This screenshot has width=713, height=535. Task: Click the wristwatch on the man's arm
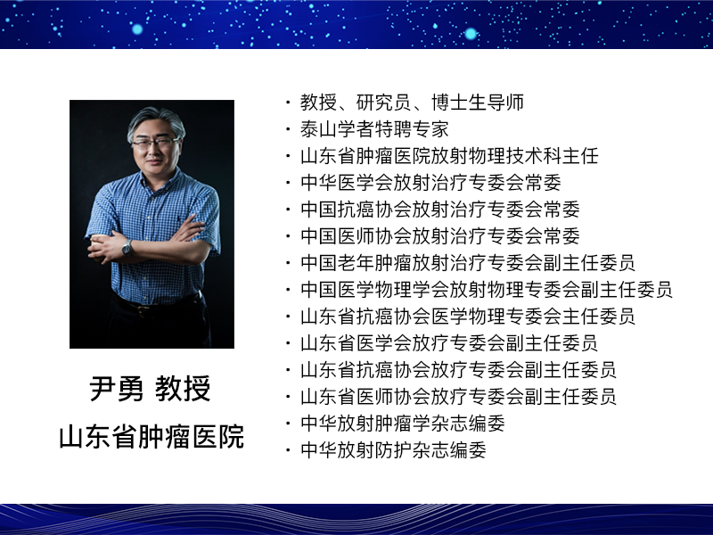pos(127,248)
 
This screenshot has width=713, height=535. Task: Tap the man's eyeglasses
pos(154,144)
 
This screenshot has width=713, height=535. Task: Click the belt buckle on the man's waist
pos(143,309)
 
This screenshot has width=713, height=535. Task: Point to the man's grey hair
pos(156,121)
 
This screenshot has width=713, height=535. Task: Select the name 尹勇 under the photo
pos(117,389)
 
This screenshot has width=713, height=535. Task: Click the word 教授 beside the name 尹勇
pos(183,389)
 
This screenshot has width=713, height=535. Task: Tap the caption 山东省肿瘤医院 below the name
pos(152,437)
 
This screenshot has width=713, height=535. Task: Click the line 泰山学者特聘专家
pos(374,129)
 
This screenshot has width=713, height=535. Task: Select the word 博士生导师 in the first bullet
pos(478,103)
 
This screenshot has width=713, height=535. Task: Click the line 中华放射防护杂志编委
pos(393,450)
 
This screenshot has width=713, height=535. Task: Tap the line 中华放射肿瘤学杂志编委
pos(403,423)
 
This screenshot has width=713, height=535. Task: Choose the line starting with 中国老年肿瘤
pos(467,262)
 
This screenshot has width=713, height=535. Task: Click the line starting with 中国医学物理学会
pos(486,289)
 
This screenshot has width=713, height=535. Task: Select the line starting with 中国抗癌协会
pos(439,210)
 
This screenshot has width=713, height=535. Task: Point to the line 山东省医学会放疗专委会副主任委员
pos(449,343)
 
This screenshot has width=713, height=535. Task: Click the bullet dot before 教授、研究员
pos(288,103)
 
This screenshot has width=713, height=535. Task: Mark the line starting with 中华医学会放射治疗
pos(430,183)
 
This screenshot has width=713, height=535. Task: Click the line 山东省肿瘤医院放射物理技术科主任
pos(449,156)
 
